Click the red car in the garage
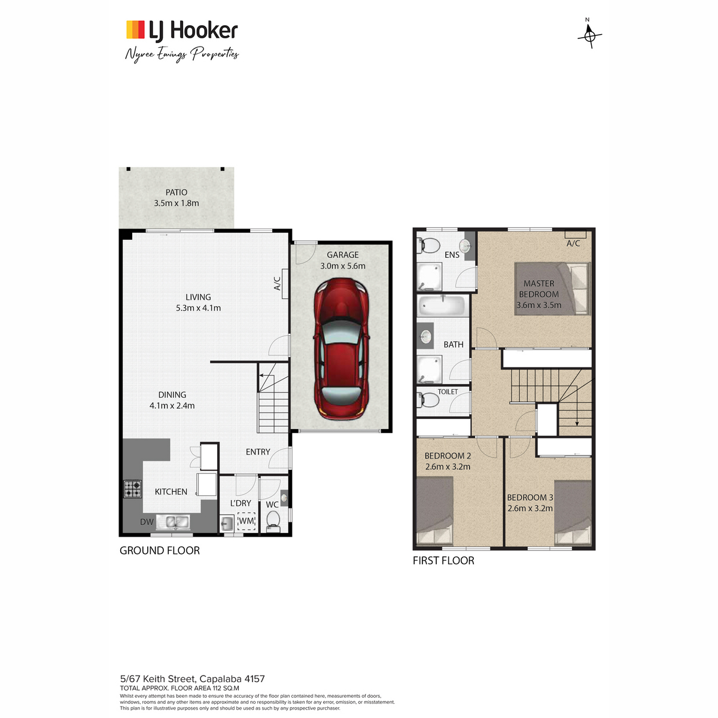(341, 349)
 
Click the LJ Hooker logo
(182, 30)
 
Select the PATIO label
(177, 192)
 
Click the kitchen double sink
(173, 522)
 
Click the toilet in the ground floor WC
(273, 521)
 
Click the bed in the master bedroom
(552, 289)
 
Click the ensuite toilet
(429, 245)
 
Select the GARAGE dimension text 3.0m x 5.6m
(343, 266)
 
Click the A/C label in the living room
(277, 284)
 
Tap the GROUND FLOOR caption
(160, 550)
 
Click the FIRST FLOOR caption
(443, 561)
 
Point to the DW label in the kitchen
(147, 522)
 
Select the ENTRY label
(258, 452)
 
